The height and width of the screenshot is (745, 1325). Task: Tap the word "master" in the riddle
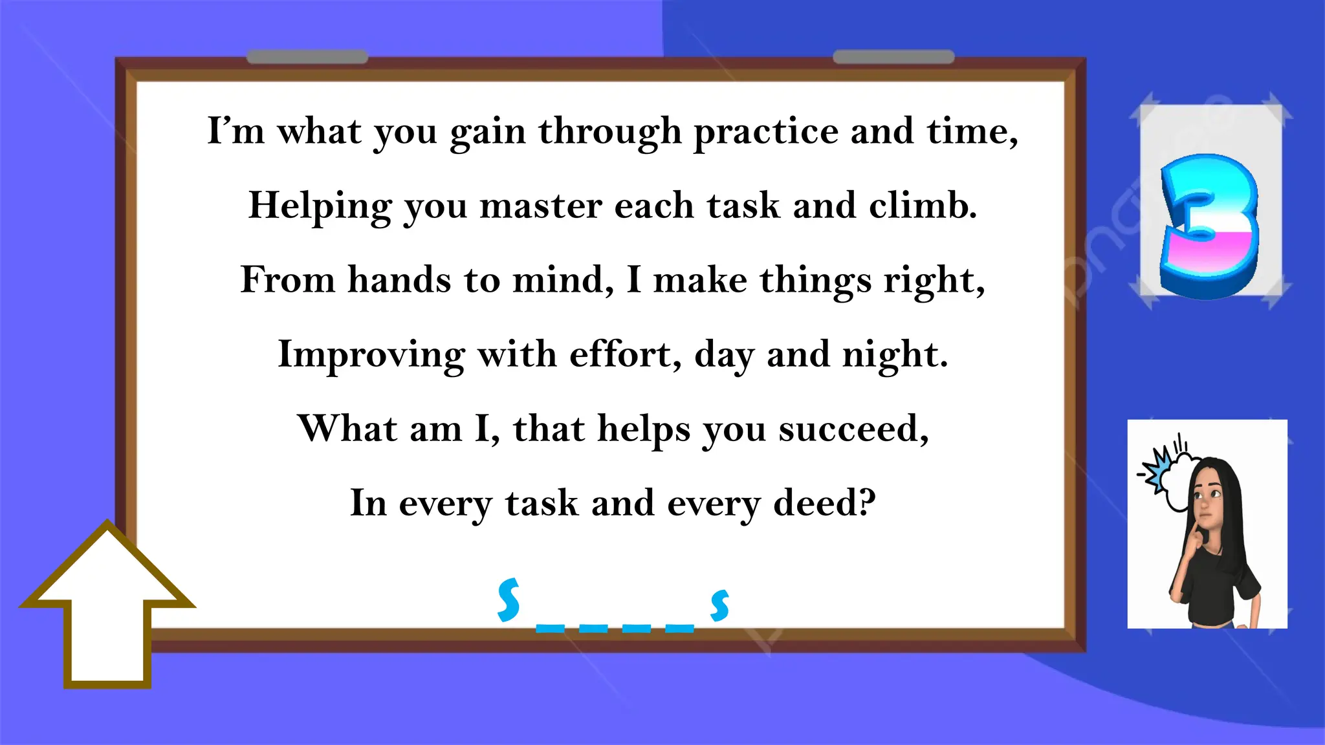click(540, 207)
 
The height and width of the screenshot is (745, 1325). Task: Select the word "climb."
click(923, 206)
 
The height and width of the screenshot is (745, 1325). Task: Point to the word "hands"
click(399, 281)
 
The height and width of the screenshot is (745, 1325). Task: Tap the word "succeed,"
click(853, 429)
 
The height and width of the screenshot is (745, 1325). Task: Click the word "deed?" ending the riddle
click(824, 503)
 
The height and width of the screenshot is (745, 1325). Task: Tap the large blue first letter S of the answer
click(509, 599)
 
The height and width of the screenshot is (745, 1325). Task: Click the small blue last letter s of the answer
click(719, 605)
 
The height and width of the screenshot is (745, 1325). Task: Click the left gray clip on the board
click(307, 57)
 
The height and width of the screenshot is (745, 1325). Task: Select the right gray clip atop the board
click(893, 57)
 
